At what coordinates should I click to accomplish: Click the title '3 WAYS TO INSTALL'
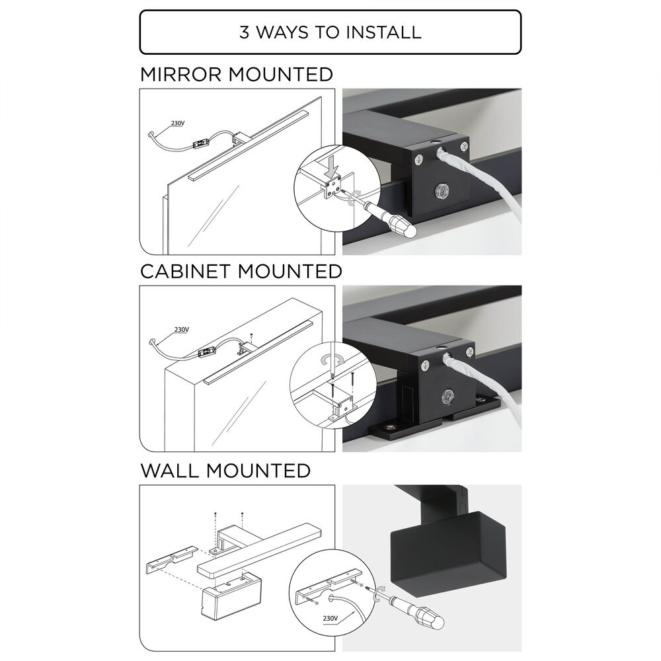(x=330, y=32)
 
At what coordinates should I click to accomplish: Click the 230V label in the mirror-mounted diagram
(x=177, y=123)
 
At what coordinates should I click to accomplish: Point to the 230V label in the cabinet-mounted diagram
(x=181, y=329)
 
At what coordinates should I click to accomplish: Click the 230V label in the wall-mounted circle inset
(x=330, y=619)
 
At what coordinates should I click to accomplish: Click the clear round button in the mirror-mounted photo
(x=441, y=190)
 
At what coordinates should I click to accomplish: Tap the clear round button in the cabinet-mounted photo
(x=447, y=396)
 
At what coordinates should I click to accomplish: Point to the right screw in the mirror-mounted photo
(x=464, y=146)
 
